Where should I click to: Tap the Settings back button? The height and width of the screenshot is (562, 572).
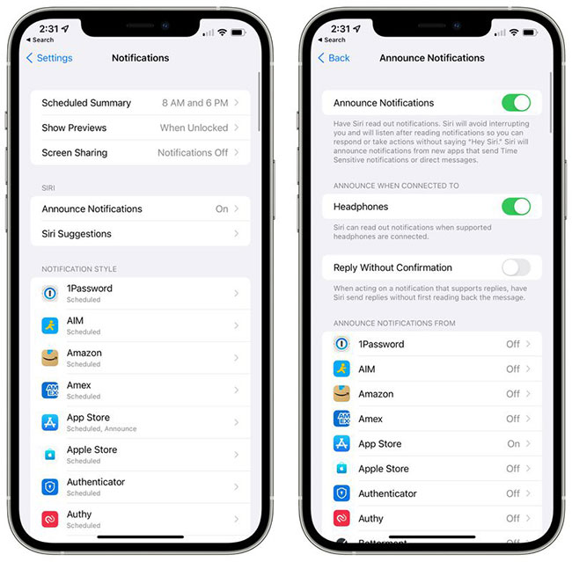(49, 58)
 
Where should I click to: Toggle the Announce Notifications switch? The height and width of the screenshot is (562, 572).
(516, 103)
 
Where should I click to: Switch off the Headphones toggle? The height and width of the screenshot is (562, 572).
(516, 207)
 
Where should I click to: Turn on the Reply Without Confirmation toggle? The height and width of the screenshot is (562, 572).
(516, 267)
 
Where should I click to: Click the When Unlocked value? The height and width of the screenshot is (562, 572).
(194, 128)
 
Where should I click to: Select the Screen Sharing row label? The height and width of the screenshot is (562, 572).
(75, 152)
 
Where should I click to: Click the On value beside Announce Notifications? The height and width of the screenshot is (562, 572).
(222, 209)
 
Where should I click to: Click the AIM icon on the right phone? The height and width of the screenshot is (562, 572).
(341, 369)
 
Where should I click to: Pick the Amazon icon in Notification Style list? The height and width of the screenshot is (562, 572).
(50, 358)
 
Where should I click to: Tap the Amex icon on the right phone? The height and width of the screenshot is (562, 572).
(341, 419)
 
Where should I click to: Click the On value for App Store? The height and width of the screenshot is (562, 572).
(513, 444)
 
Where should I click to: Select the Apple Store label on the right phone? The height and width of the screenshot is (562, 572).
(384, 469)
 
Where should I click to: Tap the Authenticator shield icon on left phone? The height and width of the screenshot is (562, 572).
(50, 486)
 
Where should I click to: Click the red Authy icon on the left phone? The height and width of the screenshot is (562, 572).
(50, 519)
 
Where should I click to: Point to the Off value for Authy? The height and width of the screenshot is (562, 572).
(512, 518)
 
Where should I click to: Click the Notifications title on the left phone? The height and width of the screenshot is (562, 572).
(141, 58)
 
